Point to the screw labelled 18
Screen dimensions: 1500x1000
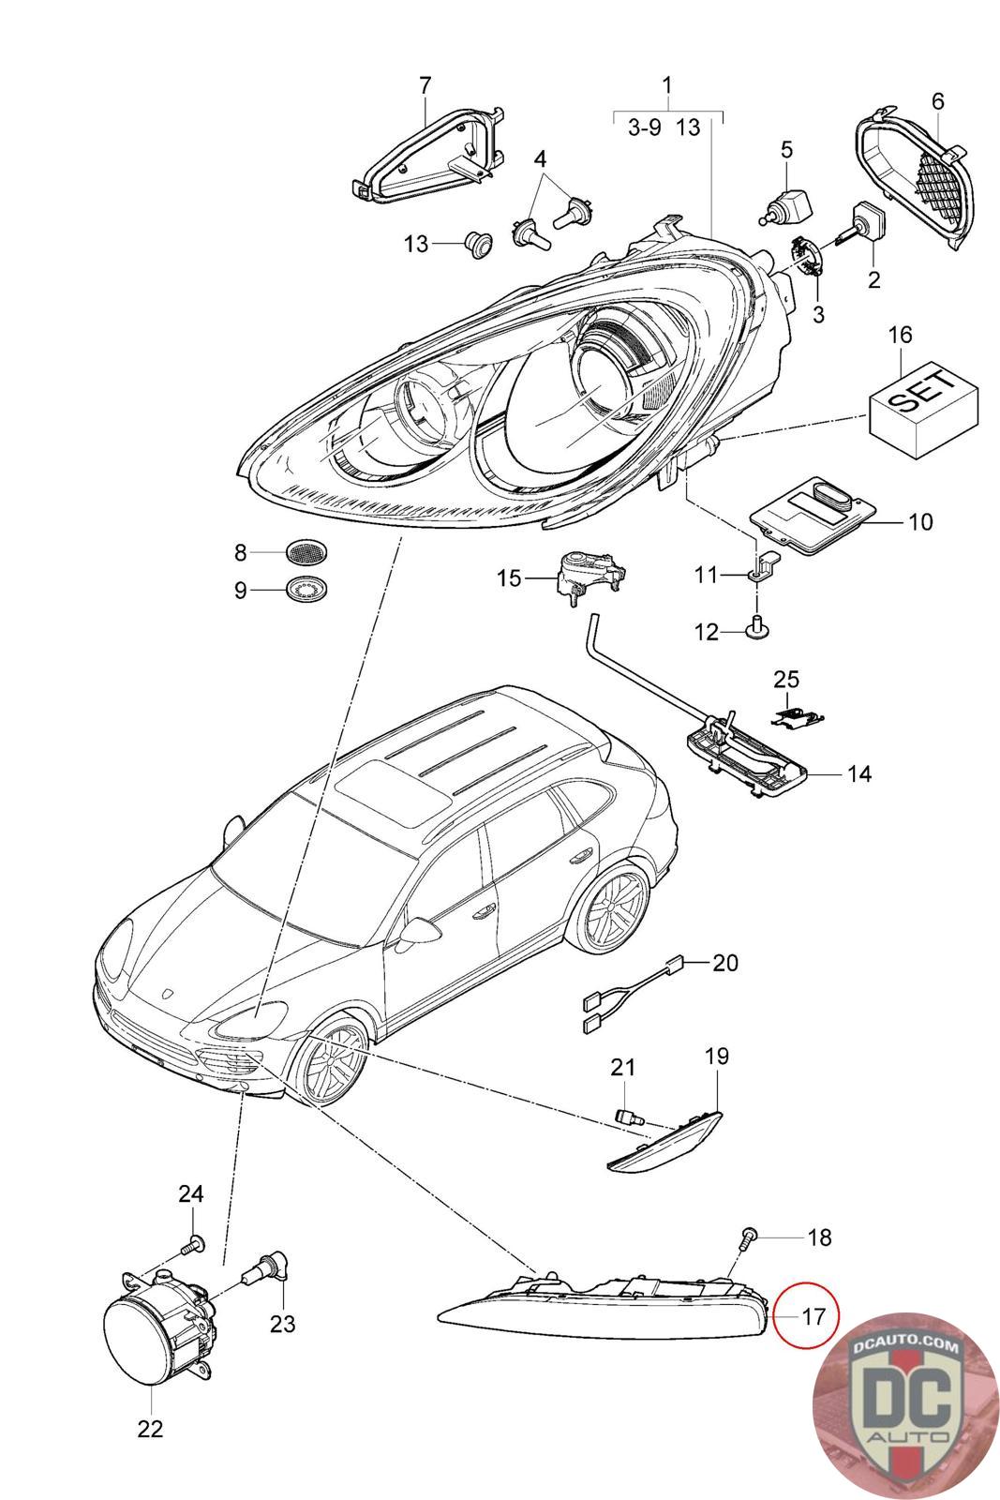749,1238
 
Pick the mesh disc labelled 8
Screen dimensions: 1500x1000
308,552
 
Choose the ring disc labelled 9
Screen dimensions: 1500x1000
308,591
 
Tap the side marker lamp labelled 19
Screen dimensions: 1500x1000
665,1138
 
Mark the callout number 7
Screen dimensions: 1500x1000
425,85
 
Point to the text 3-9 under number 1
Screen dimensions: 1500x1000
644,127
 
